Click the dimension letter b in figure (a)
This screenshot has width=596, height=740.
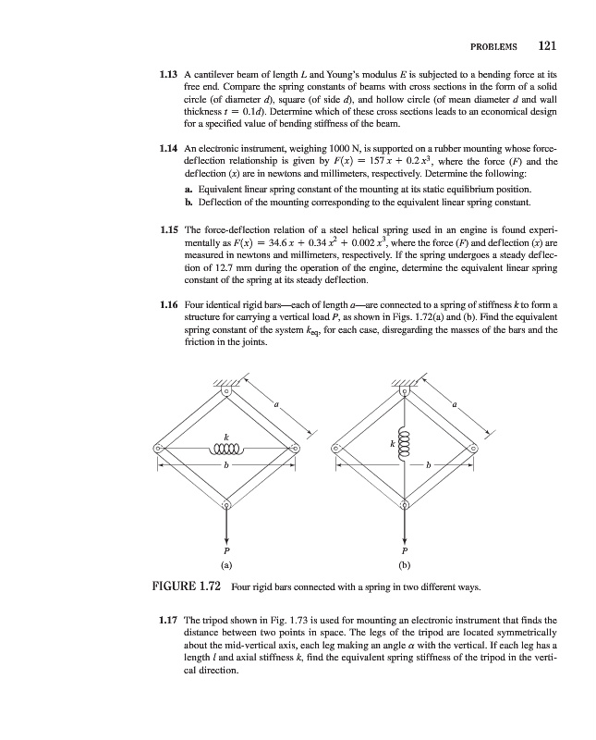point(227,465)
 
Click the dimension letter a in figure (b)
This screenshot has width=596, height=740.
point(454,404)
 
